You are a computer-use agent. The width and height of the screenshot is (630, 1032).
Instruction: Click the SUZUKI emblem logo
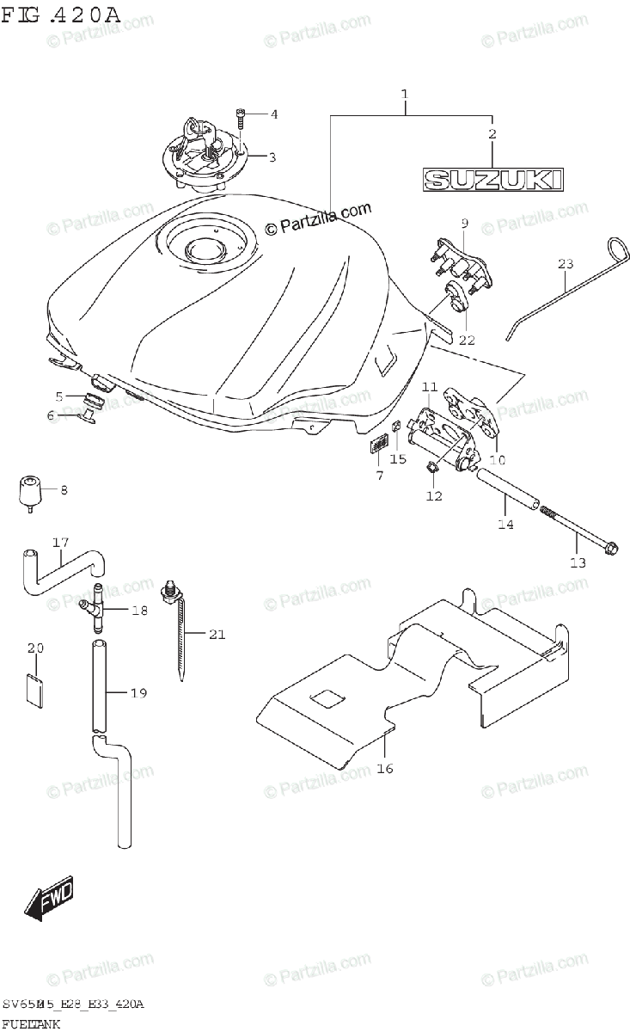493,179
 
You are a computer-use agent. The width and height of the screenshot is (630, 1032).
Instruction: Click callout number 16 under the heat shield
385,768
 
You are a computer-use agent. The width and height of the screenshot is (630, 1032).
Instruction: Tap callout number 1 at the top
404,93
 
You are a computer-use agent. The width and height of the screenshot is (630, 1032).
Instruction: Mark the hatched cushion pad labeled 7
375,446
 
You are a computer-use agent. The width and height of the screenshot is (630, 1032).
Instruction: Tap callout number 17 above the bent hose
59,543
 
